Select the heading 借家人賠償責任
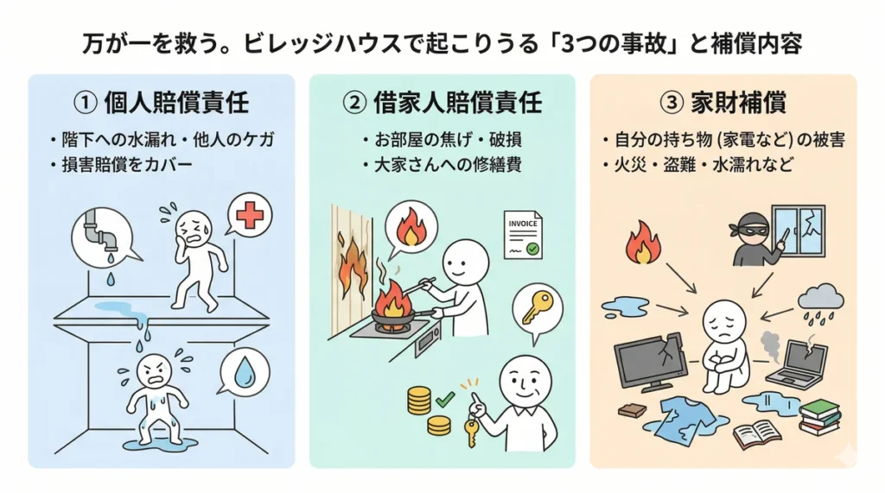tap(442, 104)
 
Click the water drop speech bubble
tap(245, 372)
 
